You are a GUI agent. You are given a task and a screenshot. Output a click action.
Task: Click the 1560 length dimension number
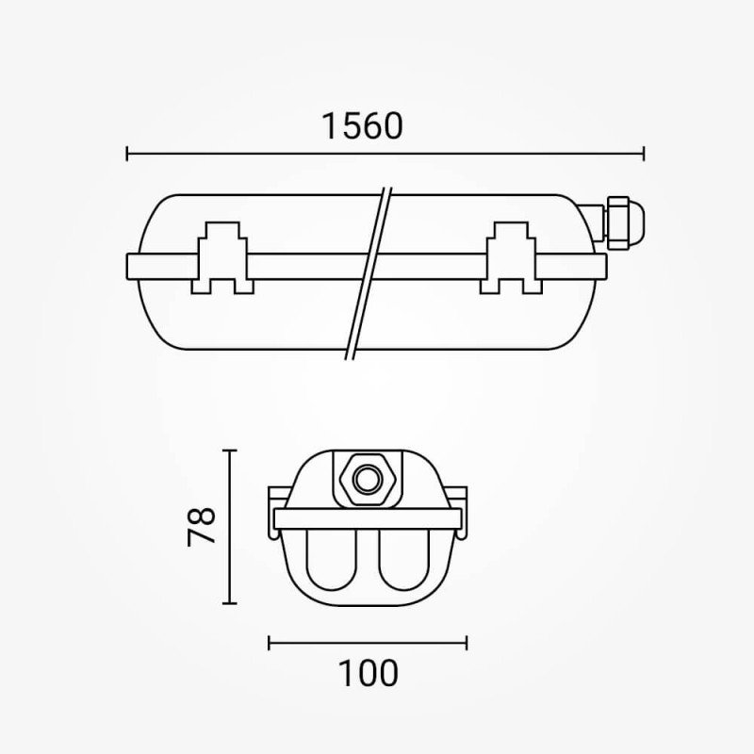click(x=362, y=126)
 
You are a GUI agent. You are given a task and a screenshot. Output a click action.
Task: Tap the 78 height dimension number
click(x=202, y=526)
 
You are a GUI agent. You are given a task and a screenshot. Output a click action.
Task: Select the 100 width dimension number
click(x=369, y=673)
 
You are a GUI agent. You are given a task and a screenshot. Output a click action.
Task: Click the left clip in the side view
click(x=222, y=257)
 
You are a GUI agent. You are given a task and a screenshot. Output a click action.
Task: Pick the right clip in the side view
click(x=511, y=257)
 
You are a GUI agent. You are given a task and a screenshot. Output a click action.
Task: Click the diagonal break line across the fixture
click(x=369, y=273)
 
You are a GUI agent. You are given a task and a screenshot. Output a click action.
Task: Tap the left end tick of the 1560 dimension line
click(x=127, y=154)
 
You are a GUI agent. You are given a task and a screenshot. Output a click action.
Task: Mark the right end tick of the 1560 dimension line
click(x=644, y=154)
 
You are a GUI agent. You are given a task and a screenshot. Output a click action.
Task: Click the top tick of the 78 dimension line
click(x=230, y=451)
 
